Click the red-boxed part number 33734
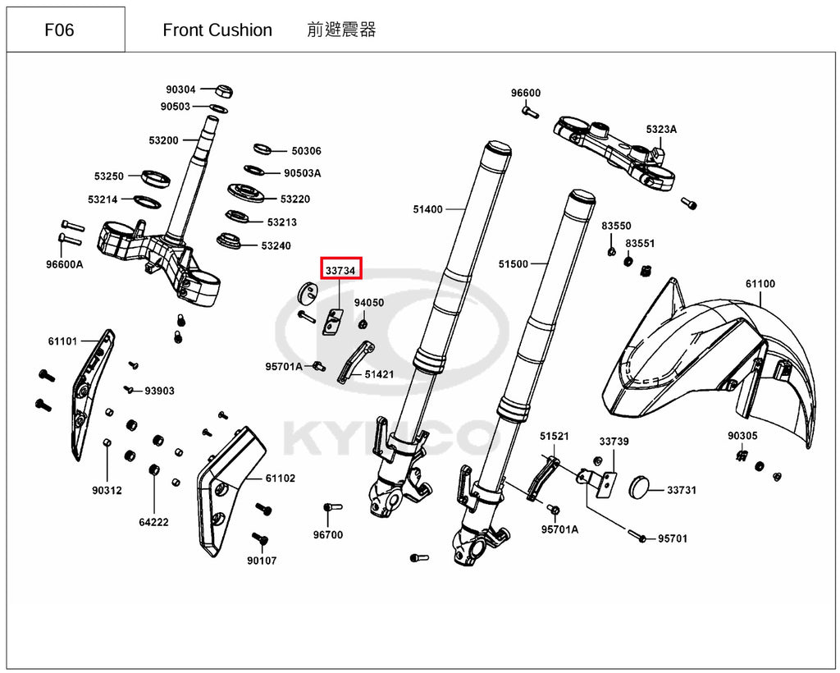click(340, 269)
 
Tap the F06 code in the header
click(59, 30)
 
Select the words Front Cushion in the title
click(217, 30)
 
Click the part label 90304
click(180, 89)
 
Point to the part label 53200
click(163, 140)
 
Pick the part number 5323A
click(661, 129)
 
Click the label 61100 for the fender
click(760, 284)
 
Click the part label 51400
click(427, 209)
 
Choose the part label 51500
click(513, 264)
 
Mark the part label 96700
click(328, 535)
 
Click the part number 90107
click(262, 561)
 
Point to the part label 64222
click(153, 522)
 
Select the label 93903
click(160, 391)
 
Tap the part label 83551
click(640, 244)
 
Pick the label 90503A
click(303, 173)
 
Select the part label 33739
click(614, 442)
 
